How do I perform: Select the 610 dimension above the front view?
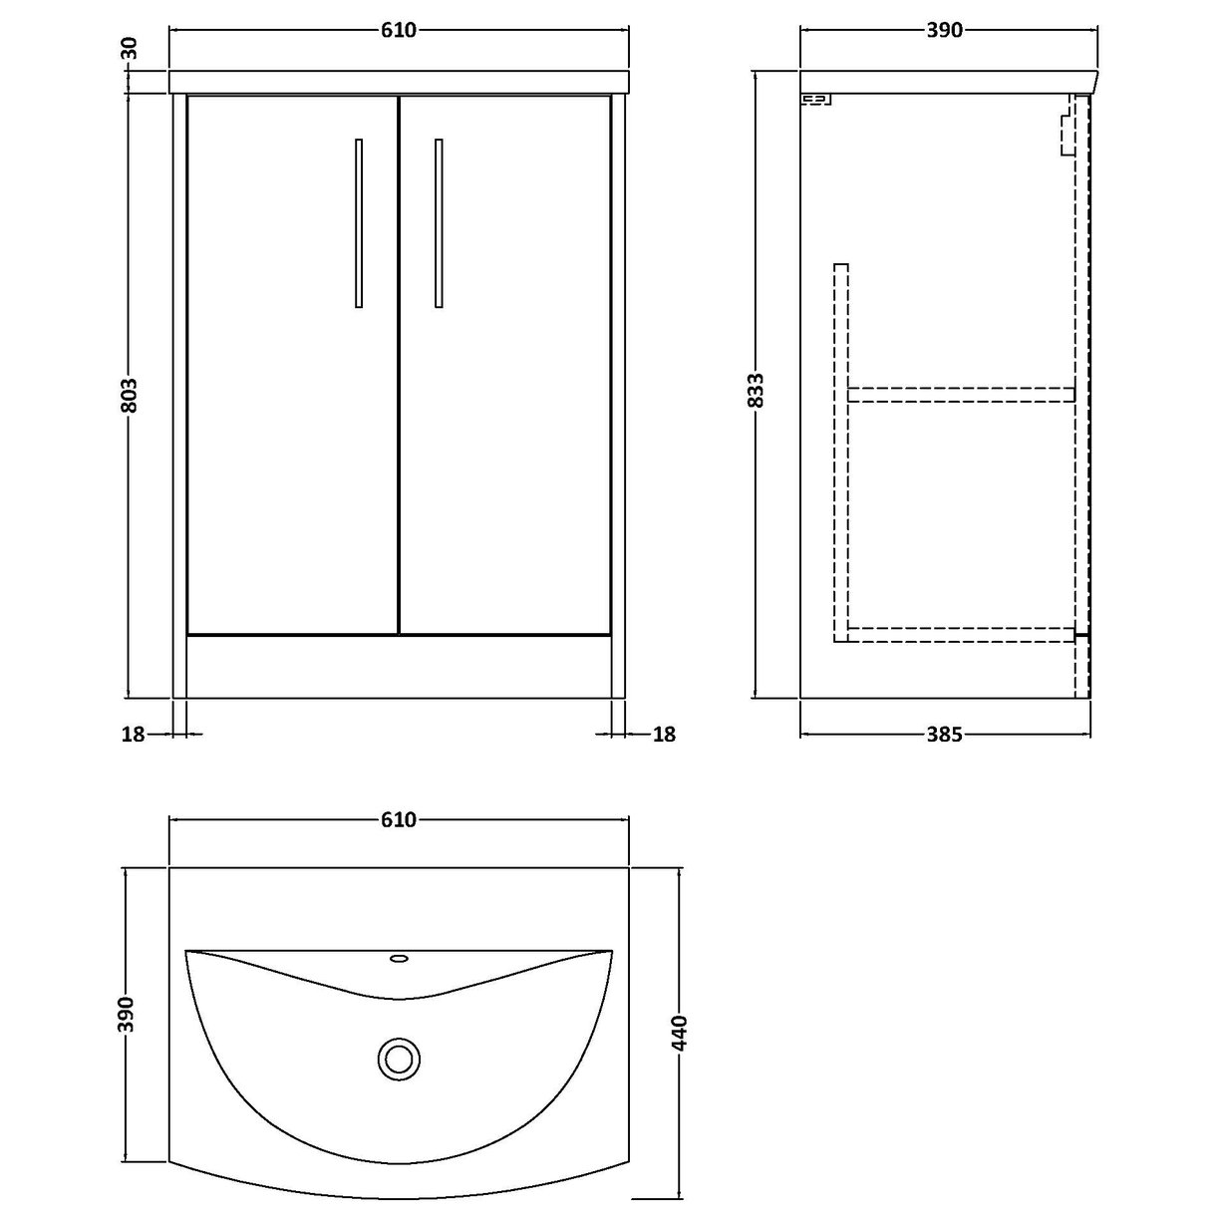(x=398, y=31)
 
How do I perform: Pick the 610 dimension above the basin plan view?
(x=398, y=820)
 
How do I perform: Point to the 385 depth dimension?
(x=943, y=736)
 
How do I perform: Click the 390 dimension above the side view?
(x=944, y=31)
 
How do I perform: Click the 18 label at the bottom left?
(x=133, y=735)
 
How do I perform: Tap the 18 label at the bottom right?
(x=665, y=735)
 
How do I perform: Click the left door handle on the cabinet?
(x=359, y=223)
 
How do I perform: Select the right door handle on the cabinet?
(x=439, y=223)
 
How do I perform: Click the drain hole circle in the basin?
(x=399, y=1058)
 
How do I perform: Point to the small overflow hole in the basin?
(x=399, y=960)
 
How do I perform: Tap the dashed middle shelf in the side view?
(x=961, y=395)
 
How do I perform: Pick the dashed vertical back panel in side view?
(x=841, y=449)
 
